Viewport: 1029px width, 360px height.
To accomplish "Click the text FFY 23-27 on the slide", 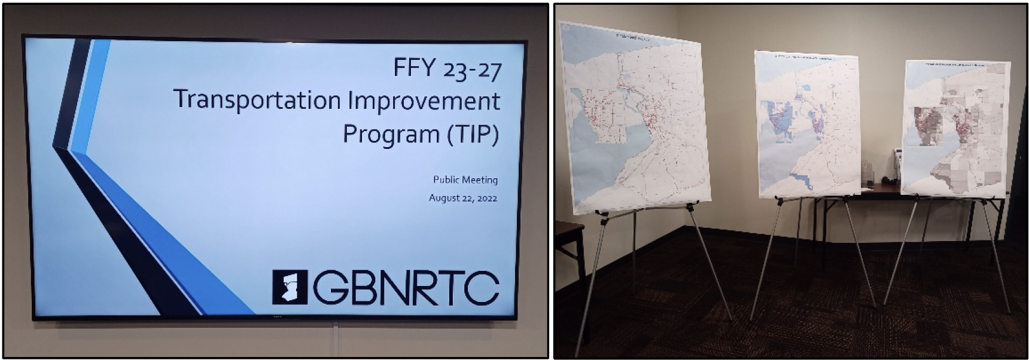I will point(447,69).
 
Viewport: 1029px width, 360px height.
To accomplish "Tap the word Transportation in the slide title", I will point(258,100).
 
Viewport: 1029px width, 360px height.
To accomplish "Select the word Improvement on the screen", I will point(424,100).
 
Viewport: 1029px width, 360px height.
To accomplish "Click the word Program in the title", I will point(391,134).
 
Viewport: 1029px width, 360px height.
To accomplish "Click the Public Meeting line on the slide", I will point(465,179).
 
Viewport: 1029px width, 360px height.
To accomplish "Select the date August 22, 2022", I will point(462,198).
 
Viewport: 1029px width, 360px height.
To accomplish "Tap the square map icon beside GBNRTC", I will point(290,287).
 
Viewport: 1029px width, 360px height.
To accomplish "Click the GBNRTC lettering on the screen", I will point(406,288).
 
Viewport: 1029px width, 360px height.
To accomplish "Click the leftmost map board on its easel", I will point(634,120).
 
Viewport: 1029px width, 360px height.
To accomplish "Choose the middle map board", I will point(808,126).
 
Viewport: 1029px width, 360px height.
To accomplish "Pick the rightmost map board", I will point(956,129).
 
